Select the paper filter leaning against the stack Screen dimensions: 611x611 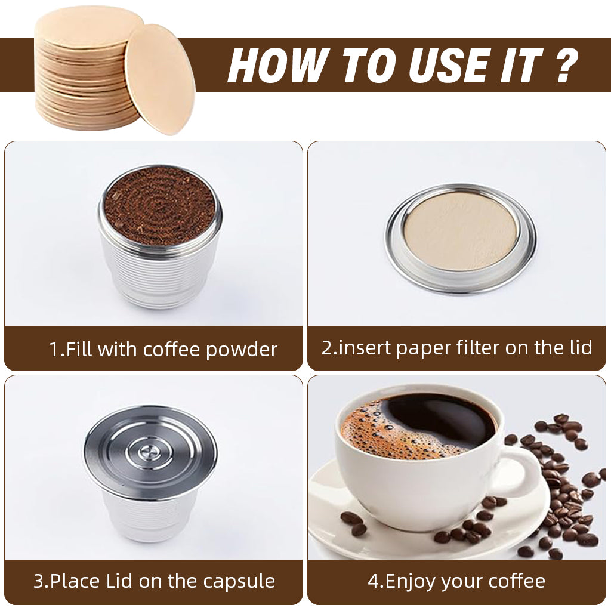pos(159,79)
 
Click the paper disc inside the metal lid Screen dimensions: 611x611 pos(460,230)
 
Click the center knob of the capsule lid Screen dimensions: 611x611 pos(150,451)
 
